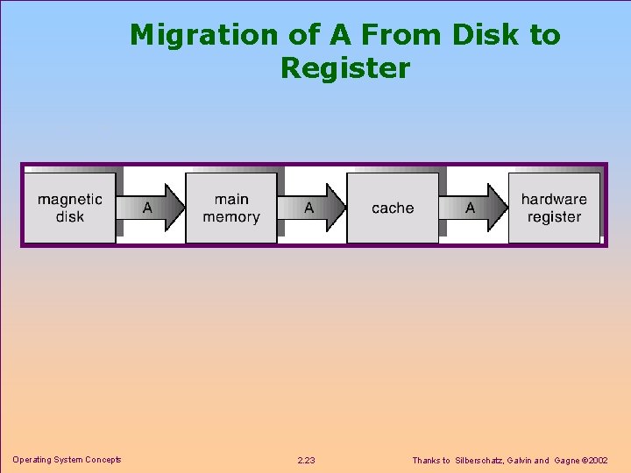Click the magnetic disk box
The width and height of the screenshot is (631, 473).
pyautogui.click(x=69, y=208)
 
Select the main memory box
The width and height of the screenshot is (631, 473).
pyautogui.click(x=231, y=208)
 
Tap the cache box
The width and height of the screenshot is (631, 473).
pyautogui.click(x=393, y=208)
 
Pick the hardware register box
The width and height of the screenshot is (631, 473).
pyautogui.click(x=554, y=208)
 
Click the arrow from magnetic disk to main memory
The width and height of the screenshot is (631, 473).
pyautogui.click(x=152, y=208)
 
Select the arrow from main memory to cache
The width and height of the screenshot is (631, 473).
pyautogui.click(x=313, y=208)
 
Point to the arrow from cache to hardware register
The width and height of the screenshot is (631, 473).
pyautogui.click(x=474, y=208)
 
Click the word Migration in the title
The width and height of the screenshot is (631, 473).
pyautogui.click(x=203, y=35)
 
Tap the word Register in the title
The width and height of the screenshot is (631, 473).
pyautogui.click(x=344, y=68)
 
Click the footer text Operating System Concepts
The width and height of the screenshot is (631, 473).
pyautogui.click(x=67, y=460)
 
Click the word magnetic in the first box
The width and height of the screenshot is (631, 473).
pyautogui.click(x=70, y=199)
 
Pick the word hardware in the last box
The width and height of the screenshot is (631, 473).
pyautogui.click(x=554, y=199)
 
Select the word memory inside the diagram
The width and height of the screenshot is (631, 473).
pyautogui.click(x=231, y=216)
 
